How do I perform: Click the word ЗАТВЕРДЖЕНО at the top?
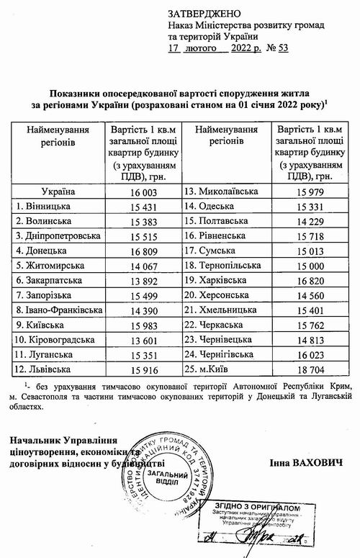199,14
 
